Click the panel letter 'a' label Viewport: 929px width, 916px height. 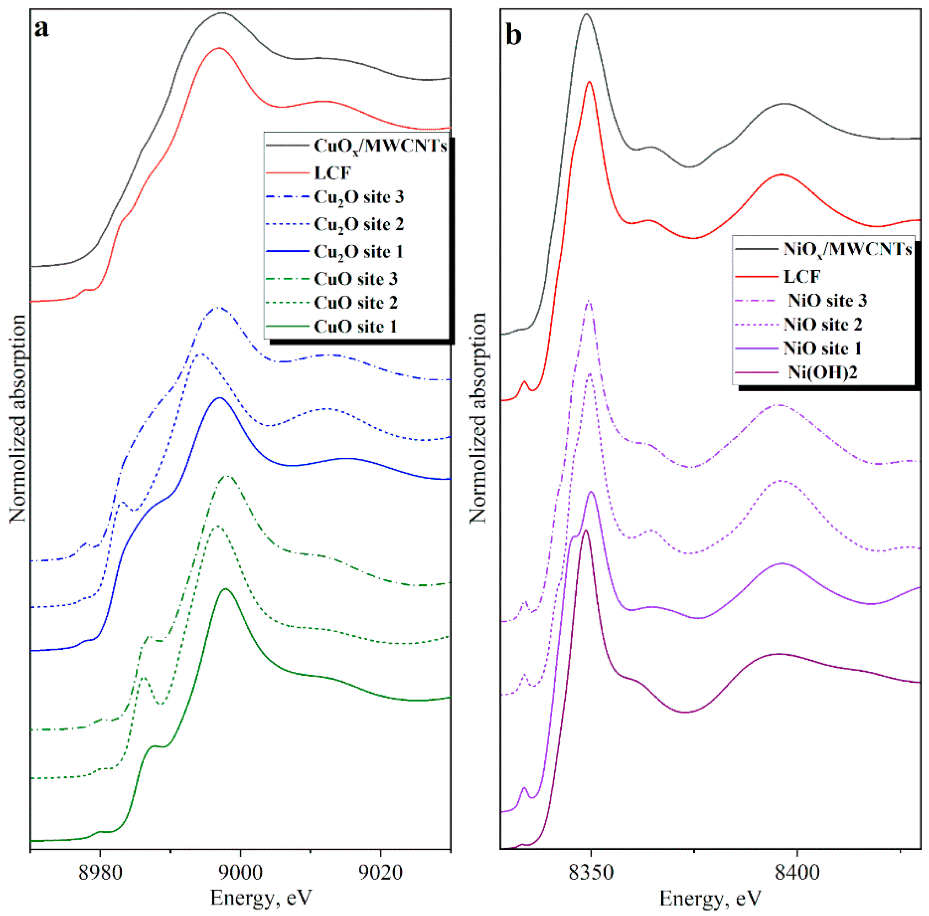[41, 29]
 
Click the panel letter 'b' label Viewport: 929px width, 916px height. [514, 35]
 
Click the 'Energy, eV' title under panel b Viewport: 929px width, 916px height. [710, 898]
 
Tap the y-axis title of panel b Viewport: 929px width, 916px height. [478, 418]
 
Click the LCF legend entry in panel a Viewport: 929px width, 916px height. [333, 172]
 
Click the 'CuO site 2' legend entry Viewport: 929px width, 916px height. [356, 302]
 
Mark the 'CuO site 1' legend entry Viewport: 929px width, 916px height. [356, 327]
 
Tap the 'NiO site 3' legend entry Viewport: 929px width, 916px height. [827, 301]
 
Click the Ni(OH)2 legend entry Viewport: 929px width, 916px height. [822, 372]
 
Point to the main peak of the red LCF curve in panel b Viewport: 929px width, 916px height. [589, 83]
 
